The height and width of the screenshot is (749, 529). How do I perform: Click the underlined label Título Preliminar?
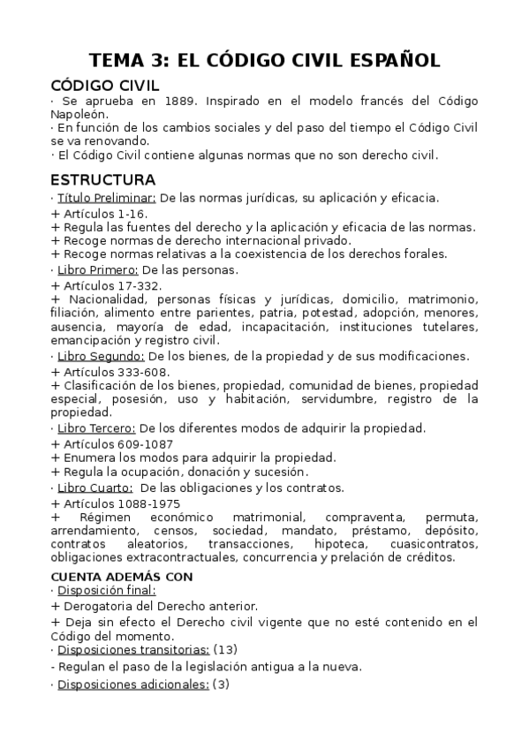pyautogui.click(x=107, y=198)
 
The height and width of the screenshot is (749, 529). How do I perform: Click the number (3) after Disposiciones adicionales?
pyautogui.click(x=221, y=684)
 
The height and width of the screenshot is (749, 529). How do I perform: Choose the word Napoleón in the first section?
pyautogui.click(x=80, y=114)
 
